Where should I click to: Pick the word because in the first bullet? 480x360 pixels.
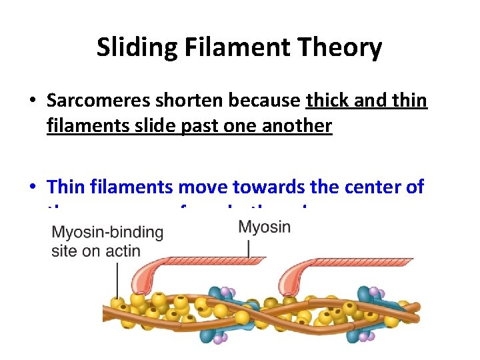(265, 101)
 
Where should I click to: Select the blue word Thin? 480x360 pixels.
(67, 187)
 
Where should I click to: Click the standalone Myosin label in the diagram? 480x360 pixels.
(264, 227)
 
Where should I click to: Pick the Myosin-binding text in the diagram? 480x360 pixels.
(107, 233)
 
